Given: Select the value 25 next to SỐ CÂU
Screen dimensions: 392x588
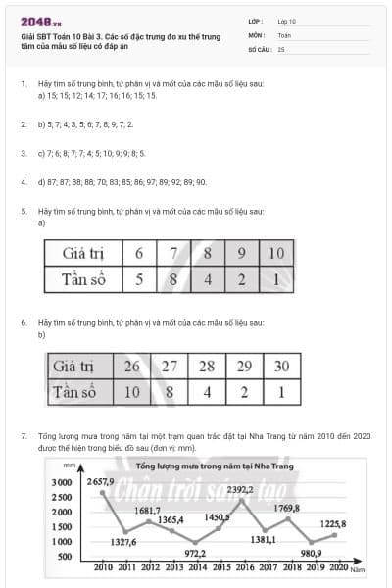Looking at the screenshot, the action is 282,48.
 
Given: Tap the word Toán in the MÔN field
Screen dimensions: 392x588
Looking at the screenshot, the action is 284,34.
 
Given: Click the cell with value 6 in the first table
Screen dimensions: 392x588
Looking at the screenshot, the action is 139,254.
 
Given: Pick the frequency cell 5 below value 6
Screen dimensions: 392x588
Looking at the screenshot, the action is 139,279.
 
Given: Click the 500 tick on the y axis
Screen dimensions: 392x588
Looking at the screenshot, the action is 65,557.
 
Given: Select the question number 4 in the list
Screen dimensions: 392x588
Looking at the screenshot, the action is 23,181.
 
